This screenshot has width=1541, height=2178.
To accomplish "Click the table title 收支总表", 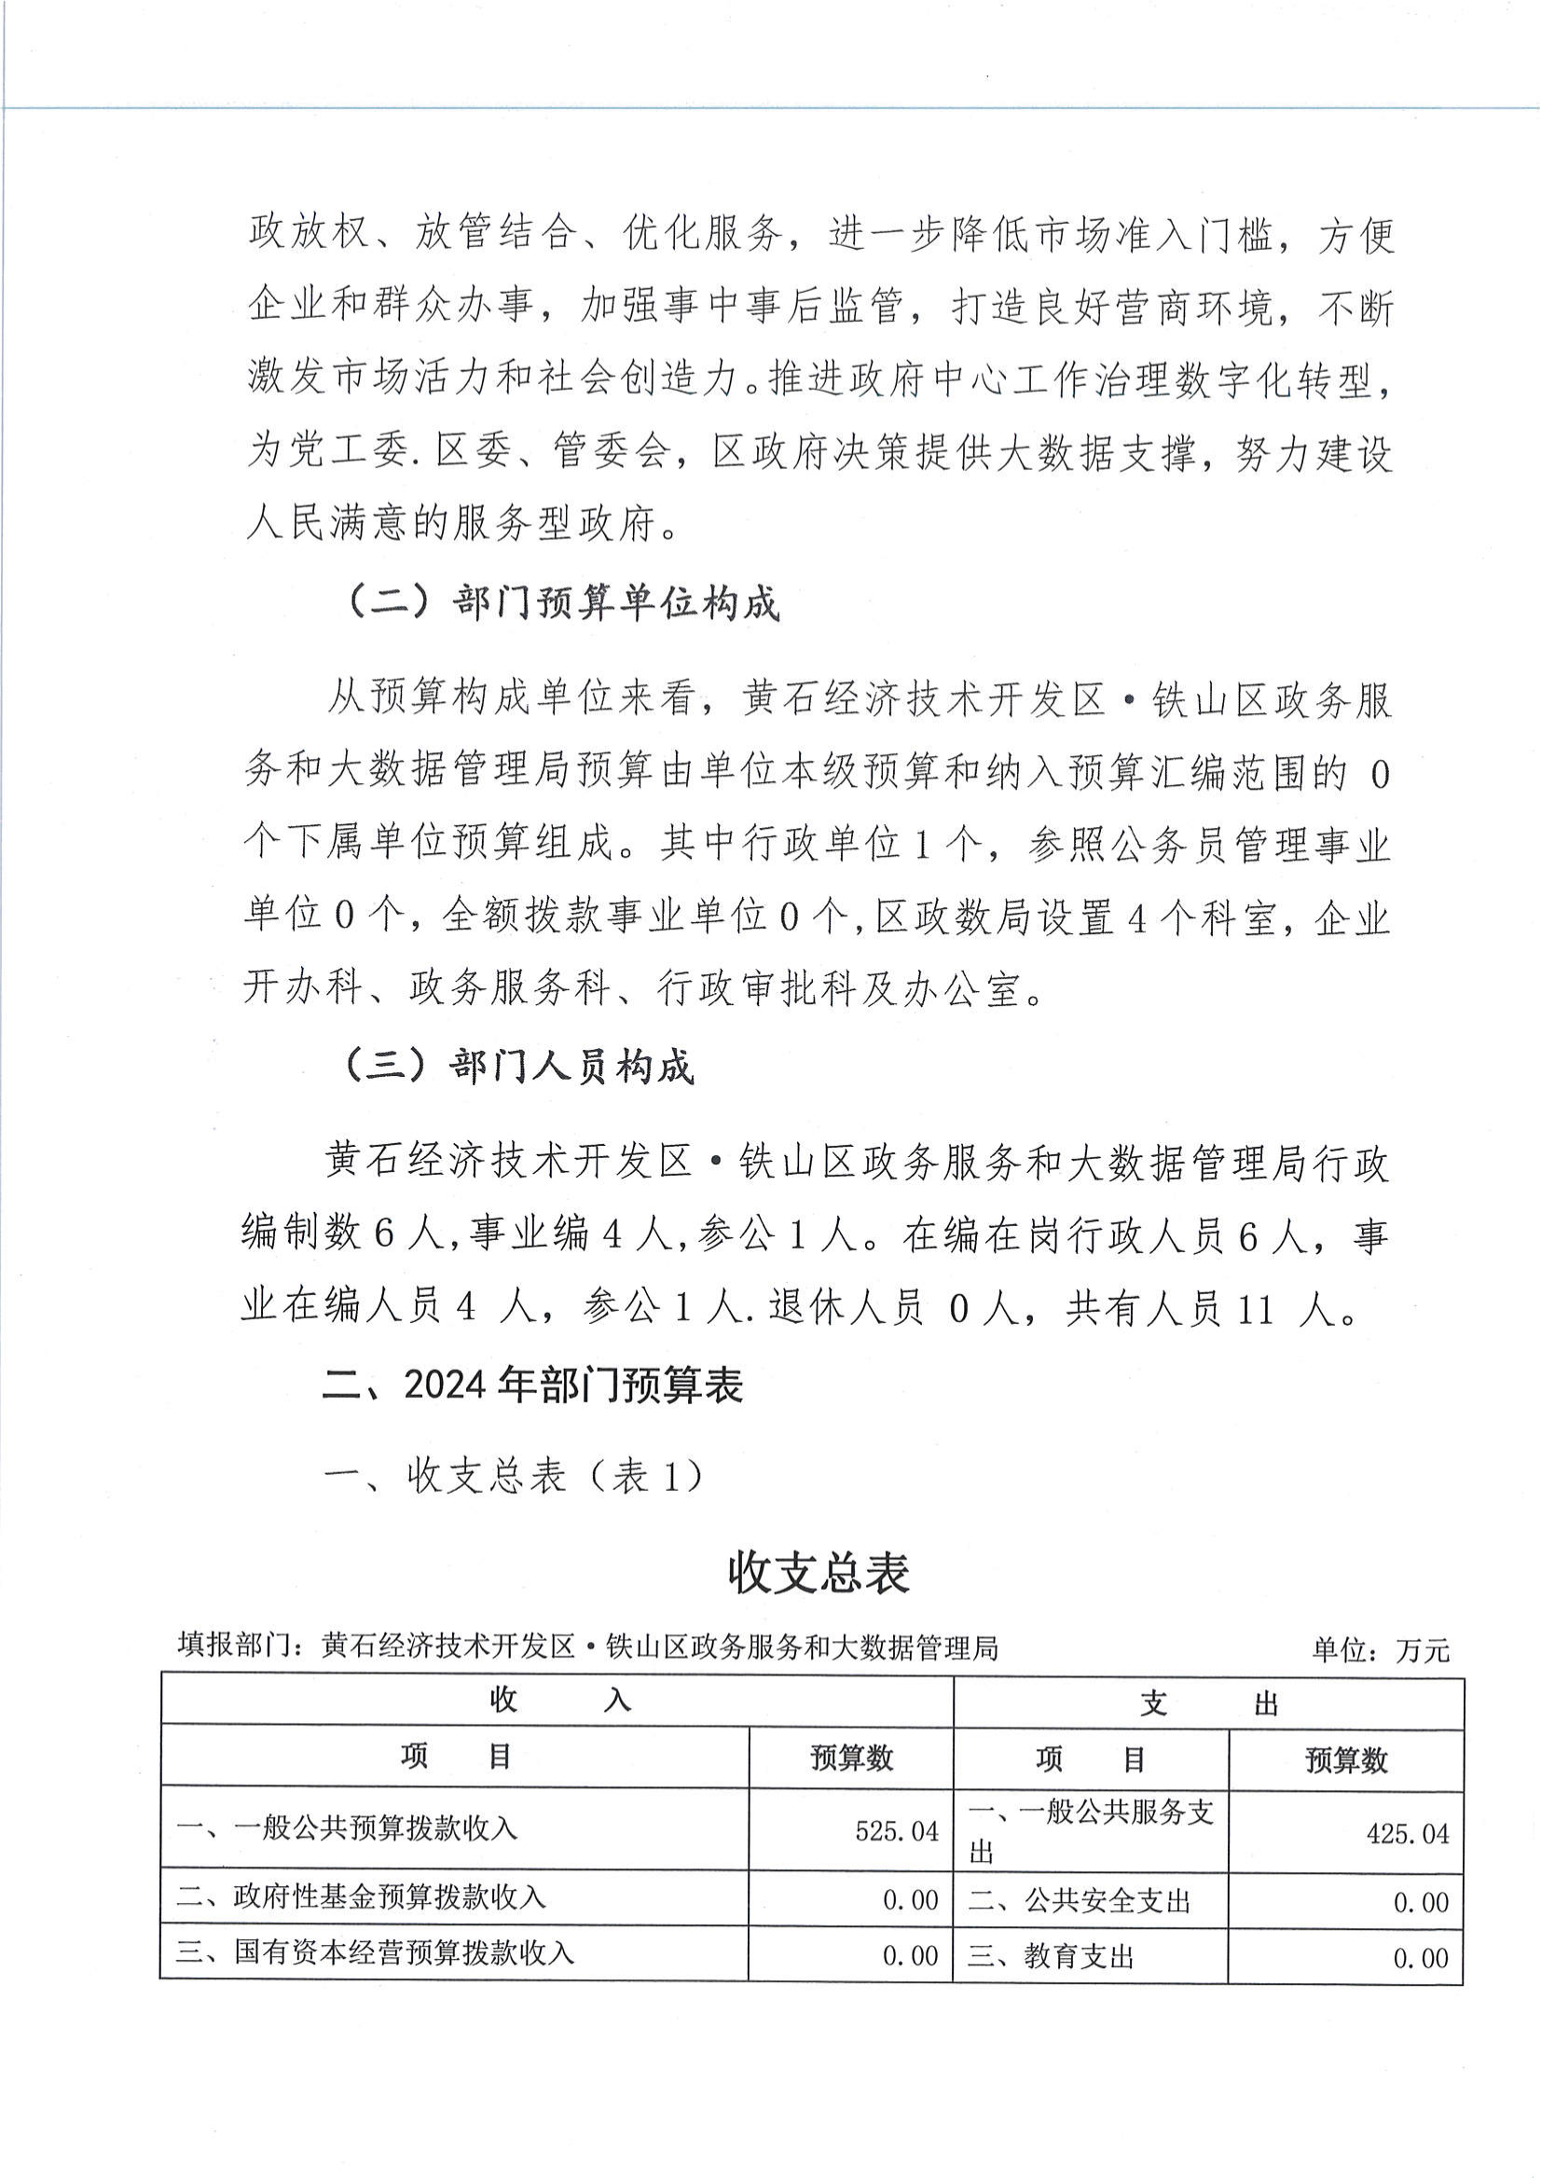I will tap(818, 1574).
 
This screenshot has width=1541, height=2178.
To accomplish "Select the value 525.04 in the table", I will tap(897, 1830).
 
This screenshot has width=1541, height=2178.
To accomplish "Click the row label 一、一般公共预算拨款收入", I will tap(348, 1827).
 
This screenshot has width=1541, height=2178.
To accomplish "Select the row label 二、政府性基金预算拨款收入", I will tap(362, 1897).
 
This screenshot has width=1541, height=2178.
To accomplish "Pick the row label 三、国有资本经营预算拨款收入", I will tap(376, 1952).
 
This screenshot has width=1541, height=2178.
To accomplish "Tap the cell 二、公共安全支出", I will tap(1079, 1900).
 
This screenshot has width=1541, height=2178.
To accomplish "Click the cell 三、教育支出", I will tap(1051, 1956).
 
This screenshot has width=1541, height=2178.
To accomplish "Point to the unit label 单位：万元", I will tap(1381, 1651).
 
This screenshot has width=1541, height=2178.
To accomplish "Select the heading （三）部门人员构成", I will tap(518, 1067).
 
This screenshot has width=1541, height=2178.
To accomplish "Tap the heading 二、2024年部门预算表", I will tap(531, 1385).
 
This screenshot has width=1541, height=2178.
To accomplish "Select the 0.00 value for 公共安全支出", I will tap(1421, 1902).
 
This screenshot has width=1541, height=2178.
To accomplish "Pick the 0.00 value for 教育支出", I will tap(1421, 1958).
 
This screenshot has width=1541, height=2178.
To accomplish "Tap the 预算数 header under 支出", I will tap(1345, 1761).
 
